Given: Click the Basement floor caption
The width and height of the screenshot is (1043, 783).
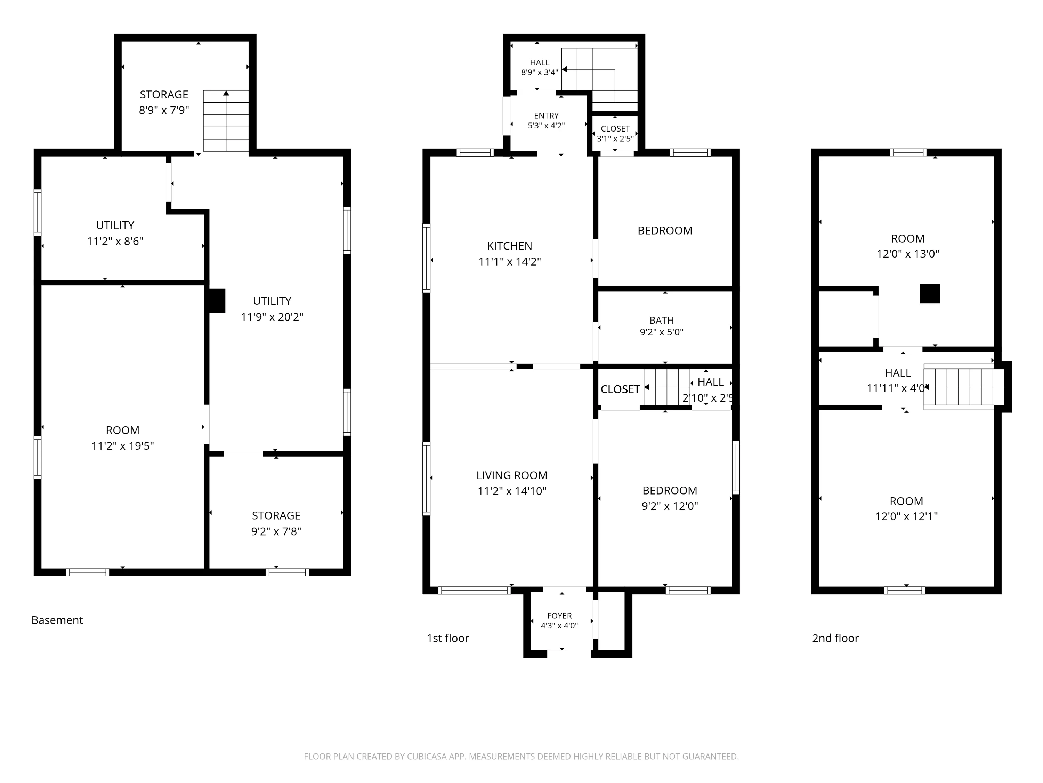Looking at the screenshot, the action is [57, 620].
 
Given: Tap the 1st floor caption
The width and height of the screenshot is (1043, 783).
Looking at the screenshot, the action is [448, 638].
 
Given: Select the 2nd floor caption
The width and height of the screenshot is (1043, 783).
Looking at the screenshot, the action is [835, 638].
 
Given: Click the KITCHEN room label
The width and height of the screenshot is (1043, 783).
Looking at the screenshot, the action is [510, 246].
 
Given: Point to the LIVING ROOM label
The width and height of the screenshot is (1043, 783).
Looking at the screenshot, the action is [512, 475].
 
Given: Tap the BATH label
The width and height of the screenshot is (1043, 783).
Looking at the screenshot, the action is [662, 321].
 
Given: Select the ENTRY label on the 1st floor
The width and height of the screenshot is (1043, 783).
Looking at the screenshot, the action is [547, 116].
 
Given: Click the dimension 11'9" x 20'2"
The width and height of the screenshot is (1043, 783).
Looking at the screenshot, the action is [272, 317].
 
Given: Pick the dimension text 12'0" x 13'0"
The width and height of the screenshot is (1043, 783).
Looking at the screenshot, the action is [908, 253].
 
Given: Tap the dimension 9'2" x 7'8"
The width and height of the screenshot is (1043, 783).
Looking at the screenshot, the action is [276, 531].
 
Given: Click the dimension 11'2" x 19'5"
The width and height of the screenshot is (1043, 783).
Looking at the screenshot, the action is [123, 445].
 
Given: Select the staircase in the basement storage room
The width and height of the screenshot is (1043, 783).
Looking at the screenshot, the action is [226, 121].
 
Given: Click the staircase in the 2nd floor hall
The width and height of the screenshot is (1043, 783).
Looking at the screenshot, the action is [964, 387].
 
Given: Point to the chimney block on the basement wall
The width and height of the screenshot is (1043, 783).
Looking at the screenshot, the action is [217, 301].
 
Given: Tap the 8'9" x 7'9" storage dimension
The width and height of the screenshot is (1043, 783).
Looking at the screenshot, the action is [164, 110].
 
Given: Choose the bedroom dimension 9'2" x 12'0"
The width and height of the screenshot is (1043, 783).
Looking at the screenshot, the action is [670, 506].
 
